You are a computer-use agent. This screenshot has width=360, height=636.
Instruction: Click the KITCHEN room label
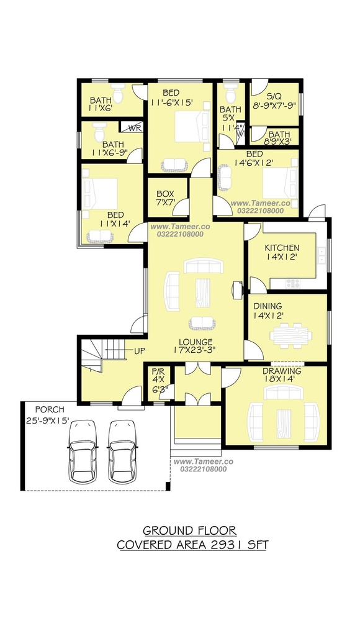tap(282, 247)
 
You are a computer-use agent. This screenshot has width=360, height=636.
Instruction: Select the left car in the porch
tap(83, 452)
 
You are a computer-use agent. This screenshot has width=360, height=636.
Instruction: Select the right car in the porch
tap(122, 452)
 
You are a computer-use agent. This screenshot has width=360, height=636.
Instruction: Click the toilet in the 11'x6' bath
tap(117, 94)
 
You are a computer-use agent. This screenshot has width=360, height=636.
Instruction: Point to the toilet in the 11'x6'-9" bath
tap(99, 132)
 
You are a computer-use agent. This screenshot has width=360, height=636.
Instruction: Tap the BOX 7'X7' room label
tap(165, 198)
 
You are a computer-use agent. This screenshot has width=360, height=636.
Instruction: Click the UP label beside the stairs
tap(140, 351)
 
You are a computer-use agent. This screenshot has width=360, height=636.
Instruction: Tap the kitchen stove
tap(292, 283)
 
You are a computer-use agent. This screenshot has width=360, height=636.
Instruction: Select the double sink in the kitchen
tap(322, 255)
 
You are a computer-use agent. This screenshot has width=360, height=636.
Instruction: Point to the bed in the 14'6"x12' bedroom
tap(280, 183)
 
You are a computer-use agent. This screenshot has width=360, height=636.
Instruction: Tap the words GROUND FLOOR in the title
tap(189, 530)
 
